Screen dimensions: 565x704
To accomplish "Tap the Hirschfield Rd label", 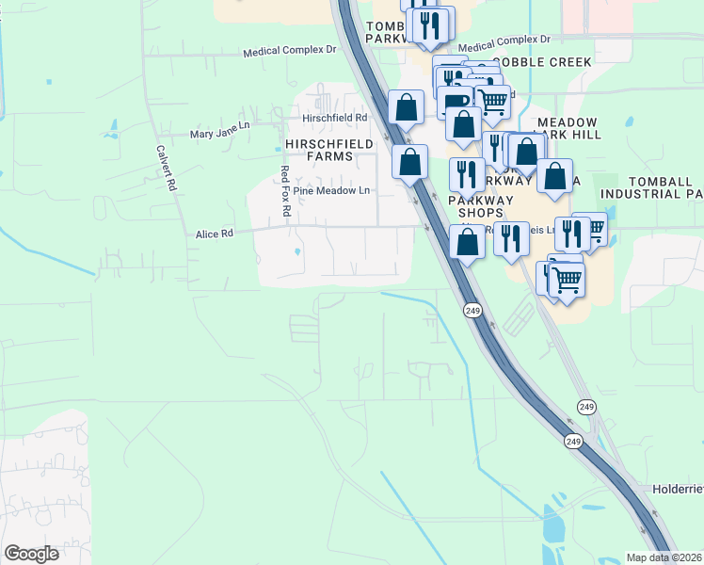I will point(334,118).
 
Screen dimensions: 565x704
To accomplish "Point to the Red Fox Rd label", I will point(285,194).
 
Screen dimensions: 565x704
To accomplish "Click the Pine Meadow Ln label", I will point(332,190).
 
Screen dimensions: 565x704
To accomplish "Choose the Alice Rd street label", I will point(213,234).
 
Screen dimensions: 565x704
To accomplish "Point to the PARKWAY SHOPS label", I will point(481,206).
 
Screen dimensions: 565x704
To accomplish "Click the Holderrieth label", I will point(678,490).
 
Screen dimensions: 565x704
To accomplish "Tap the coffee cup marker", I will point(455,102).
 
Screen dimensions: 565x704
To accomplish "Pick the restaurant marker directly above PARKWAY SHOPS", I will point(466,174).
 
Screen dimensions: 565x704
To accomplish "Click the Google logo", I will point(31,554).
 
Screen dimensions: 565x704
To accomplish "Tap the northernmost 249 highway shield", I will point(472,310).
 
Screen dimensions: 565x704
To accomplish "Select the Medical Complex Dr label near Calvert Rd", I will point(289,49).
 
